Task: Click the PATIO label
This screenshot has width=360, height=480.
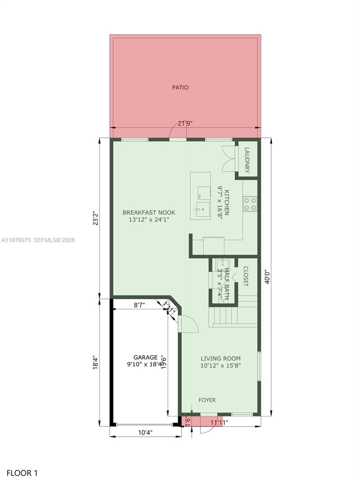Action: [180, 87]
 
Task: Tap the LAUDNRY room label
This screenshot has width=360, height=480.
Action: [247, 160]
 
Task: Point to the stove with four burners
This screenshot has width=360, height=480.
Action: [250, 204]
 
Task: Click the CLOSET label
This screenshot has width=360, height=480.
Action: [246, 276]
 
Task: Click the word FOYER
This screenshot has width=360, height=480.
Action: [207, 400]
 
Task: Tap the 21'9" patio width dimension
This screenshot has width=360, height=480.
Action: [185, 124]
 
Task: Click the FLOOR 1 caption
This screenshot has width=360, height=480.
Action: [22, 473]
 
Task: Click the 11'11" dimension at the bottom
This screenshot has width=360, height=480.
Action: [219, 422]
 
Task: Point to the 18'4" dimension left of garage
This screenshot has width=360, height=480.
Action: [95, 363]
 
